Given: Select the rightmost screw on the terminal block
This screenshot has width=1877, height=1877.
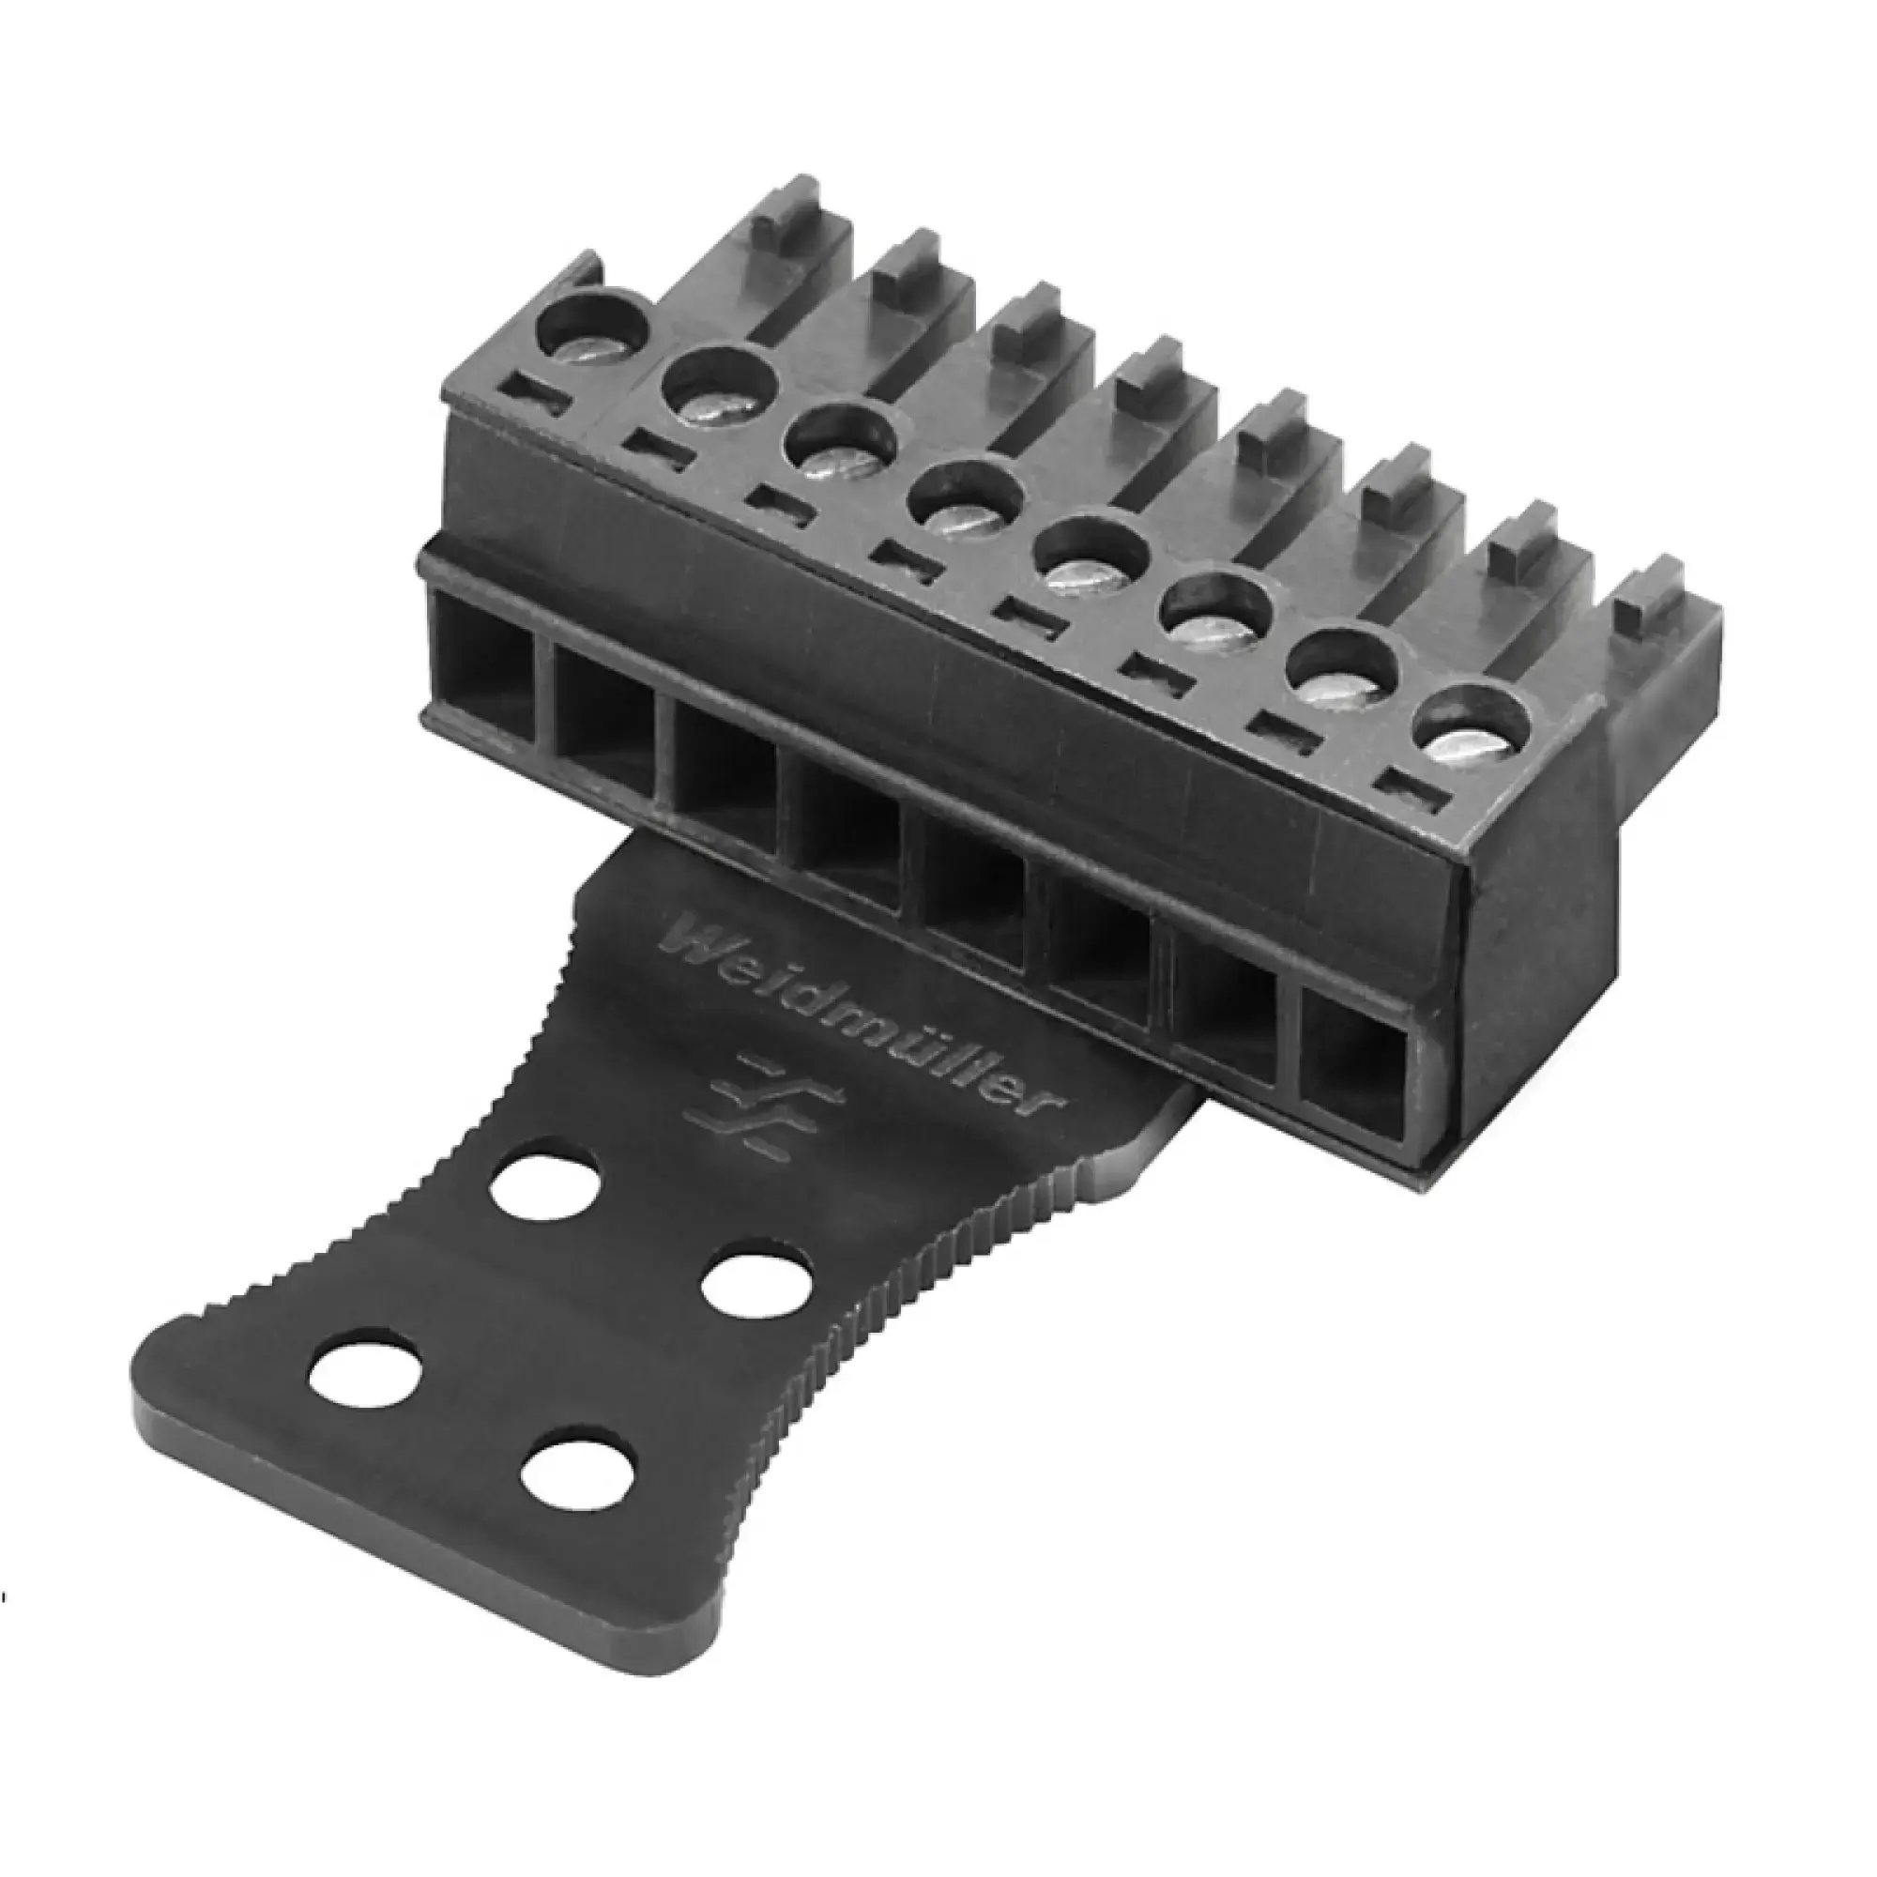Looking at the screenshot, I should click(x=1473, y=728).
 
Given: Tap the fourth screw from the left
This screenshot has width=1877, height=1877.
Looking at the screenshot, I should click(x=966, y=505).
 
